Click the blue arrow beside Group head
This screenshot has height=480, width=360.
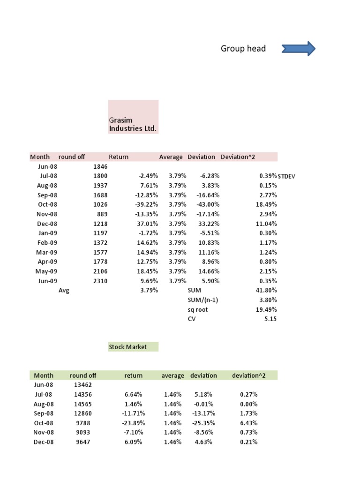click(299, 49)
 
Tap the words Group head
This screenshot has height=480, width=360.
click(243, 49)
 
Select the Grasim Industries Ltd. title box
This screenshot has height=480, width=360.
click(133, 117)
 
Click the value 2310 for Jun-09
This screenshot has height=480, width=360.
click(100, 281)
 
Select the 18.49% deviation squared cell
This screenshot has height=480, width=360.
click(266, 204)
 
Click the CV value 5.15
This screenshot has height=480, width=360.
click(270, 319)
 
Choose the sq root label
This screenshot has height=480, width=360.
click(197, 310)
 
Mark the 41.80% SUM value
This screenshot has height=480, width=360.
click(266, 291)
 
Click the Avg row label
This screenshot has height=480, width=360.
click(64, 291)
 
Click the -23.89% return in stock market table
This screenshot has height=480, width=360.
click(134, 423)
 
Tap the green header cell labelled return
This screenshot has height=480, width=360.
click(133, 375)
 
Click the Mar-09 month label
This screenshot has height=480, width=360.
click(46, 252)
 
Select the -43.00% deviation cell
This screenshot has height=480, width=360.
click(208, 204)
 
